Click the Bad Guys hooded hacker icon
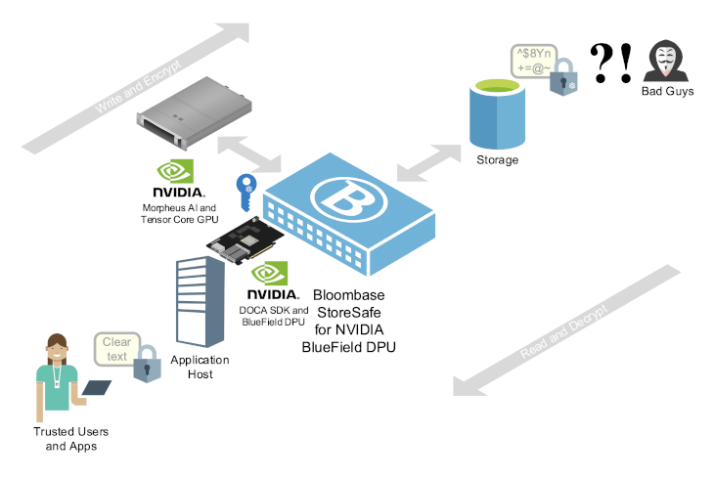point(666,62)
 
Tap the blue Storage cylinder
point(495,112)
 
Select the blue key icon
point(244,192)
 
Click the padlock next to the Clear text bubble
point(147,364)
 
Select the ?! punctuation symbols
point(611,62)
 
